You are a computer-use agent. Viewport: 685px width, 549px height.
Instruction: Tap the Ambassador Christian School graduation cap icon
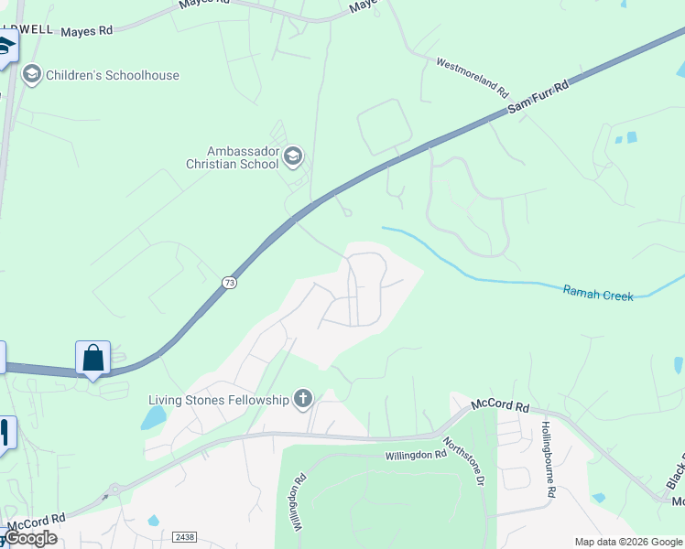pos(293,156)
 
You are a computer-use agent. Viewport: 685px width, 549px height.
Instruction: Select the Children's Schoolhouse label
pos(113,75)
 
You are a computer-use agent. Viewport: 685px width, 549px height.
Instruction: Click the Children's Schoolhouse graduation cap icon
pos(32,74)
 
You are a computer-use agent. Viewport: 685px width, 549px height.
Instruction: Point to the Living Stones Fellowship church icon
pos(303,399)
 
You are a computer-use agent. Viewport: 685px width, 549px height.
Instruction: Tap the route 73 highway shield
pos(229,284)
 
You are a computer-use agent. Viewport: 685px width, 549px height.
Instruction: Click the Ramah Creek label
pos(598,294)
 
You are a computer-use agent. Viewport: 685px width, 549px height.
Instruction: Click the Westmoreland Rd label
pos(472,78)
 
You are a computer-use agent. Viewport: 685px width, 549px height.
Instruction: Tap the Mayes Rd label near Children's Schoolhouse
pos(86,31)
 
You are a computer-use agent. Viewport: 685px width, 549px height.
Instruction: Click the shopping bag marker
pos(93,358)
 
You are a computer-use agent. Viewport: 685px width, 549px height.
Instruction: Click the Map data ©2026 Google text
pos(627,542)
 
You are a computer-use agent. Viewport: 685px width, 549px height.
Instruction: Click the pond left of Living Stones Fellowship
pos(153,418)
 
